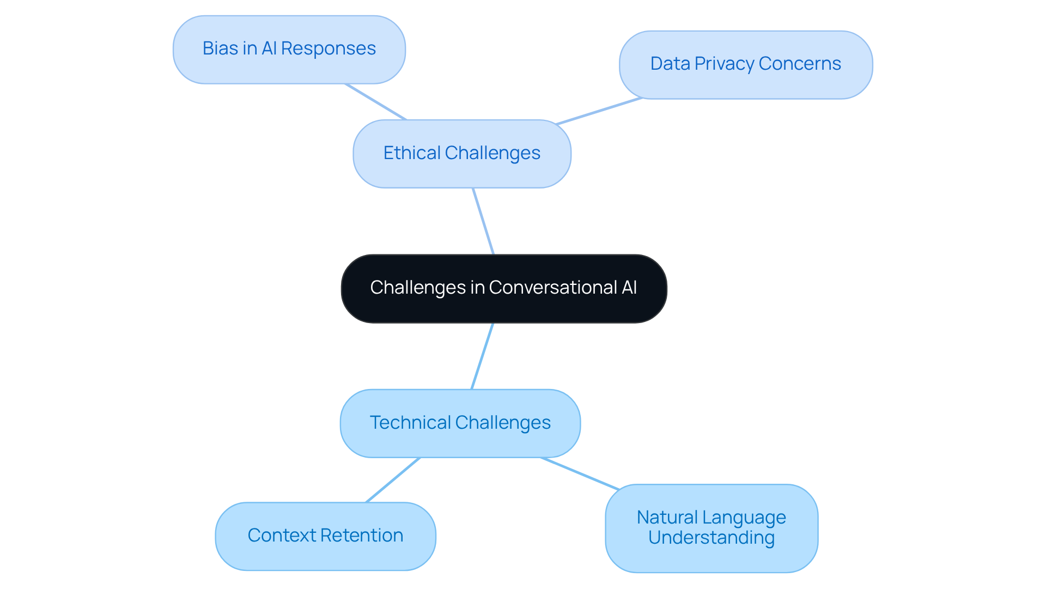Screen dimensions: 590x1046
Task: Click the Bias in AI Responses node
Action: tap(289, 50)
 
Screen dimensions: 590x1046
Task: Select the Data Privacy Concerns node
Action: tap(745, 65)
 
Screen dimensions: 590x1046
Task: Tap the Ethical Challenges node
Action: tap(461, 154)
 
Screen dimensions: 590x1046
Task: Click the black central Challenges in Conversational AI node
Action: tap(503, 288)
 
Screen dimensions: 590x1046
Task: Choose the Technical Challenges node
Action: tap(460, 423)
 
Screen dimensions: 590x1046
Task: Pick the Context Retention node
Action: tap(325, 536)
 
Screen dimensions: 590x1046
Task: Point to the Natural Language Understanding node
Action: tap(711, 528)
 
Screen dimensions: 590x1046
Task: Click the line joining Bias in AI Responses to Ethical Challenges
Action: tap(376, 101)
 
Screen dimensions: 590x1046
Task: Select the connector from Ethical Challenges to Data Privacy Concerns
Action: tap(599, 111)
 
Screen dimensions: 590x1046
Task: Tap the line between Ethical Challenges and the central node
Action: tap(483, 221)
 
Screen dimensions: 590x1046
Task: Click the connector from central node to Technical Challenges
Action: tap(482, 356)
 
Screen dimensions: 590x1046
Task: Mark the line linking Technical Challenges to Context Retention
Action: tap(393, 480)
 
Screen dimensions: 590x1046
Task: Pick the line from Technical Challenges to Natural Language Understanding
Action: tap(580, 474)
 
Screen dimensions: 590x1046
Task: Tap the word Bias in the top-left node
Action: tap(220, 48)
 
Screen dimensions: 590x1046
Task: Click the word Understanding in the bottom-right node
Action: tap(711, 538)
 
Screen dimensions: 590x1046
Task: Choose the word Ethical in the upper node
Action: tap(412, 153)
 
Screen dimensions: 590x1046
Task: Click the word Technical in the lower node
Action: tap(410, 423)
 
